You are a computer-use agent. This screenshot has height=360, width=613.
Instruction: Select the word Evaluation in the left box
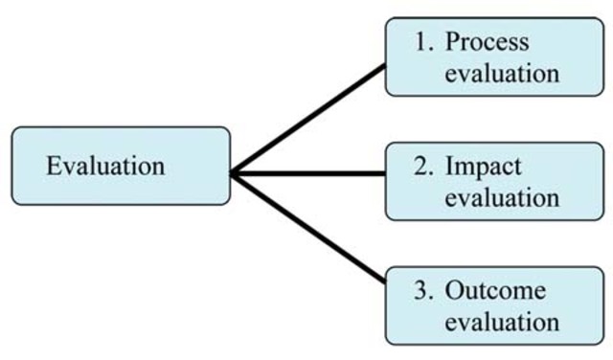[105, 166]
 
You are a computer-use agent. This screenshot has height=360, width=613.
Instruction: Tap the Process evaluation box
[494, 57]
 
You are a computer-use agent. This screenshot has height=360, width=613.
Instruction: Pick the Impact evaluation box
[494, 181]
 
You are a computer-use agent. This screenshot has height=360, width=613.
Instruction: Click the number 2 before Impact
[420, 167]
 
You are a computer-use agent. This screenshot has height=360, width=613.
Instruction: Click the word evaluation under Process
[501, 75]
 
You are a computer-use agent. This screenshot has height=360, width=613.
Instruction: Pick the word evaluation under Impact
[501, 198]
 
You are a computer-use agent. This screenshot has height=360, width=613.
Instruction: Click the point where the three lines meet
[234, 173]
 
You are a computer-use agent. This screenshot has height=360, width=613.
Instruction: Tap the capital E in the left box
[53, 166]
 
